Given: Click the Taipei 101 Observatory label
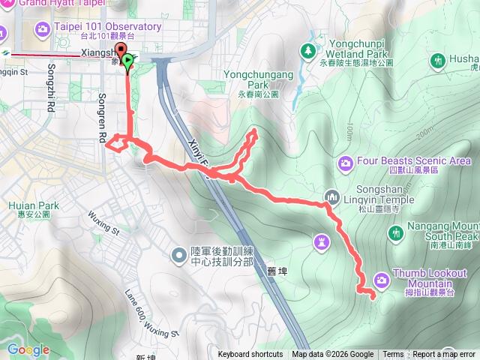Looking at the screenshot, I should click(107, 27).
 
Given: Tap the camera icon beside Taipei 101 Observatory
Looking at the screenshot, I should click(43, 28).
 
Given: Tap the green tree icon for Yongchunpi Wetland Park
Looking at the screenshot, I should click(307, 50).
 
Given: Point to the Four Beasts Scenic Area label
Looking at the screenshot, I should click(414, 160).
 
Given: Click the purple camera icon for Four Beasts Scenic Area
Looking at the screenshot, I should click(346, 161).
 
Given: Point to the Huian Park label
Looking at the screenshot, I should click(34, 205).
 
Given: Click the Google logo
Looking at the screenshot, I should click(28, 349).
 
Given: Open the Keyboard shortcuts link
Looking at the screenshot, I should click(250, 355).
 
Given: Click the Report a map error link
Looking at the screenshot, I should click(443, 355).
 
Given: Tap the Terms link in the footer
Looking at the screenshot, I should click(393, 355).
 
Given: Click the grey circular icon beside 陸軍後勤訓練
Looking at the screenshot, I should click(179, 256).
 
